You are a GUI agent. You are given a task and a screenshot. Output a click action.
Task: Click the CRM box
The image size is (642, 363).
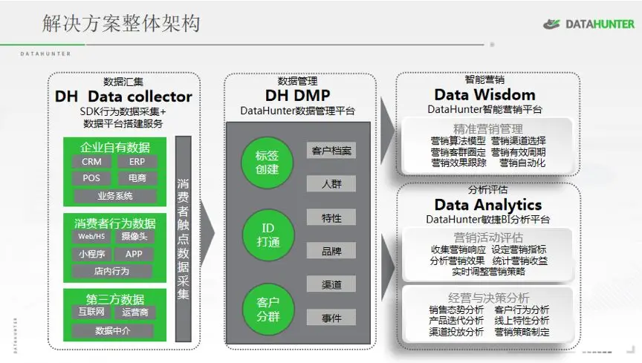pyautogui.click(x=92, y=162)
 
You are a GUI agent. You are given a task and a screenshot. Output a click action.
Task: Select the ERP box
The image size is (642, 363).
pyautogui.click(x=137, y=162)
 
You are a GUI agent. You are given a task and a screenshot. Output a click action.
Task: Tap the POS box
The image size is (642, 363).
pyautogui.click(x=92, y=178)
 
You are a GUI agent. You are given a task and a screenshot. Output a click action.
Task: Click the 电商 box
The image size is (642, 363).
pyautogui.click(x=137, y=178)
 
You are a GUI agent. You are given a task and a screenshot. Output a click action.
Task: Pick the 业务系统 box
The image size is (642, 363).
pyautogui.click(x=114, y=196)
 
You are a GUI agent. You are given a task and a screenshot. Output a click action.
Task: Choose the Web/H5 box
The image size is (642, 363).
pyautogui.click(x=92, y=237)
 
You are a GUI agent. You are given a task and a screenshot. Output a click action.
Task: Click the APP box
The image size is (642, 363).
pyautogui.click(x=134, y=254)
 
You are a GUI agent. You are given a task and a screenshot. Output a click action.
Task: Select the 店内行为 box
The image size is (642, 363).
pyautogui.click(x=112, y=271)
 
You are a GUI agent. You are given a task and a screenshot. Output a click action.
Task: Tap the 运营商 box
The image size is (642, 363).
pyautogui.click(x=134, y=313)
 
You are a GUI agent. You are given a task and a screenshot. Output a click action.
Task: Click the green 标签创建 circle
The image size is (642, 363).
pyautogui.click(x=266, y=163)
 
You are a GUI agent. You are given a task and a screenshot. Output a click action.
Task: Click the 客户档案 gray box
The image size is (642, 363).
pyautogui.click(x=331, y=151)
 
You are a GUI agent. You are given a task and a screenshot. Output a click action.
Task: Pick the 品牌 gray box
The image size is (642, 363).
pyautogui.click(x=331, y=251)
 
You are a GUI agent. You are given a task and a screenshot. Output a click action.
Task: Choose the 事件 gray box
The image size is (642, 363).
pyautogui.click(x=331, y=318)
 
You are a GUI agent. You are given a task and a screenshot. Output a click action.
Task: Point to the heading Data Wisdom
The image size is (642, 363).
pyautogui.click(x=484, y=95)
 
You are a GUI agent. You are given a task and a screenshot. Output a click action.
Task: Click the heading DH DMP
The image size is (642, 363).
pyautogui.click(x=297, y=96)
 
